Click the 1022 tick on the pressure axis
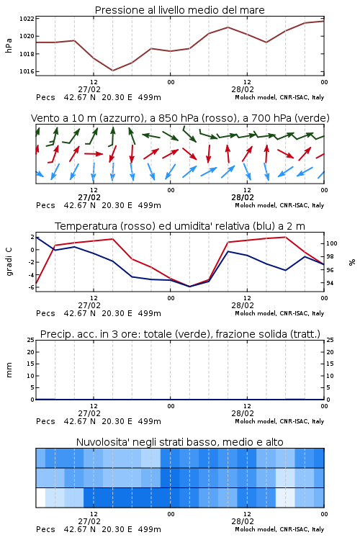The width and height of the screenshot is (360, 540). (x=27, y=19)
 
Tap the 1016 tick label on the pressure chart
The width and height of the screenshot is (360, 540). (x=27, y=71)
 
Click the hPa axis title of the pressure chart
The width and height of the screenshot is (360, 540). (x=9, y=45)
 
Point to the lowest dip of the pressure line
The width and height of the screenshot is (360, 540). (x=112, y=71)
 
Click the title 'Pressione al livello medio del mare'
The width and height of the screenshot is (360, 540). (x=180, y=10)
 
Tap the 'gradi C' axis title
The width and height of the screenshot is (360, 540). (x=9, y=262)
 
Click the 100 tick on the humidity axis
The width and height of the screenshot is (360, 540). (x=332, y=243)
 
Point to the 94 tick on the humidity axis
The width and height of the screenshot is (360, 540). (x=330, y=283)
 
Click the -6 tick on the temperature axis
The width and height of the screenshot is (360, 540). (x=32, y=287)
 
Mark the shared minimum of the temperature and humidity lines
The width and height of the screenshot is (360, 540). (x=189, y=287)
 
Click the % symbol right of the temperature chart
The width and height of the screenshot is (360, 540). (x=352, y=262)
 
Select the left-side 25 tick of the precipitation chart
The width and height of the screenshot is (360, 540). (x=31, y=341)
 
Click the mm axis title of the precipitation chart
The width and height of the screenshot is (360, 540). (x=9, y=370)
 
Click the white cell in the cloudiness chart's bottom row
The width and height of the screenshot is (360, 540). (x=40, y=498)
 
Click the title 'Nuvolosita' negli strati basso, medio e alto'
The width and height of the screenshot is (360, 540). (x=180, y=442)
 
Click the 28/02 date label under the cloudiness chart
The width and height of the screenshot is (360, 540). (x=243, y=521)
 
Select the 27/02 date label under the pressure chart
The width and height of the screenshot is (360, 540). (x=89, y=89)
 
